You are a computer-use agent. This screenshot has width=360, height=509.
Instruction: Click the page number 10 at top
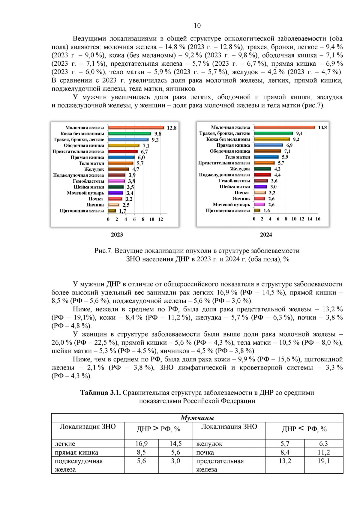pyautogui.click(x=197, y=26)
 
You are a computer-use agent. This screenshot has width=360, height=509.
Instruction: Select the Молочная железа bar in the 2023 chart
pyautogui.click(x=136, y=128)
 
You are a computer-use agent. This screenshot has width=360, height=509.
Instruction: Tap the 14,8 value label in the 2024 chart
pyautogui.click(x=322, y=127)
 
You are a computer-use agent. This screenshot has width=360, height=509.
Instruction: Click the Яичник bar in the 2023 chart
pyautogui.click(x=114, y=205)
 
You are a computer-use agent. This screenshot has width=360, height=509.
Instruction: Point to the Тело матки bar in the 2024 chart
pyautogui.click(x=266, y=157)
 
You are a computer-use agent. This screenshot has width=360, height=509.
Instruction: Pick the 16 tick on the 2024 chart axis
pyautogui.click(x=318, y=219)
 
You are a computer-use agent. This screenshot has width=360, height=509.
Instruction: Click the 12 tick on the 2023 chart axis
pyautogui.click(x=160, y=219)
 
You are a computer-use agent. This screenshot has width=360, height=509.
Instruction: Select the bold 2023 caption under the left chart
pyautogui.click(x=117, y=235)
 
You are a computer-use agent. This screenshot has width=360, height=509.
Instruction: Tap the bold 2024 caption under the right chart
pyautogui.click(x=266, y=235)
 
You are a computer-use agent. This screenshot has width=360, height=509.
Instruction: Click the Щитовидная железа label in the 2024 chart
pyautogui.click(x=227, y=211)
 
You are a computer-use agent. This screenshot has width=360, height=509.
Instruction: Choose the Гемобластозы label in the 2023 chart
pyautogui.click(x=88, y=181)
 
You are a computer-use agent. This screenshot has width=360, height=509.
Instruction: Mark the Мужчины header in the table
pyautogui.click(x=197, y=418)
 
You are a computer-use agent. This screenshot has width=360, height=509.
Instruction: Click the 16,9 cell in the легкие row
pyautogui.click(x=141, y=444)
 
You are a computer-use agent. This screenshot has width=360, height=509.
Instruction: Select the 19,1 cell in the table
pyautogui.click(x=323, y=461)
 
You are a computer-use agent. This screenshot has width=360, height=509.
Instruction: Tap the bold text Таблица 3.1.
pyautogui.click(x=100, y=393)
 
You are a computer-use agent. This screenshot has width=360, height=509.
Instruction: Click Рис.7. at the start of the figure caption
pyautogui.click(x=103, y=251)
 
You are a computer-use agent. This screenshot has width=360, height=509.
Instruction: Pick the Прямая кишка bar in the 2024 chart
pyautogui.click(x=268, y=145)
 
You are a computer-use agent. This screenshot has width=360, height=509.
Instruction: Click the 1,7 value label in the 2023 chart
pyautogui.click(x=122, y=211)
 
